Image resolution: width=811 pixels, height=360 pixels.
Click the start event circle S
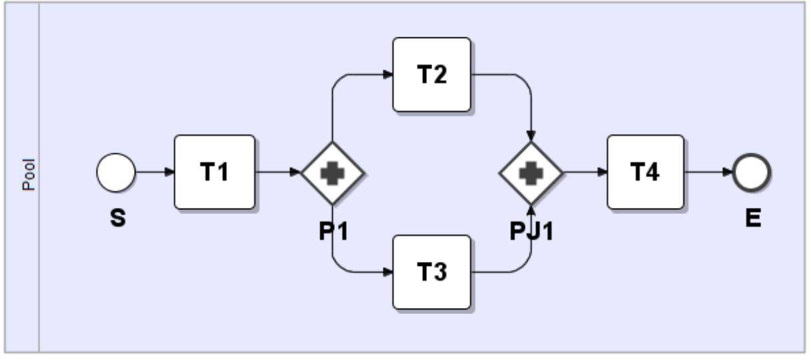[116, 173]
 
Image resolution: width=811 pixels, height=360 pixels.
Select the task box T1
[215, 173]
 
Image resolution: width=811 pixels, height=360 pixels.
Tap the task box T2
[432, 75]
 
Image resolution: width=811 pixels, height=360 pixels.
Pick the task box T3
[432, 272]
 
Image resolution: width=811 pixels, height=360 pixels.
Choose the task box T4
[646, 173]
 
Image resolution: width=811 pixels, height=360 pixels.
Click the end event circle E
[752, 173]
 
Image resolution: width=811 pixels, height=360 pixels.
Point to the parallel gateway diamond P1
[332, 173]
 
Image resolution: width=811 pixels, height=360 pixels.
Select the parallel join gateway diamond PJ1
[531, 173]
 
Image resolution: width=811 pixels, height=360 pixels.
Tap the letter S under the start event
[117, 218]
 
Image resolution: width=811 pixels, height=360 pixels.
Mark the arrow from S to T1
[155, 173]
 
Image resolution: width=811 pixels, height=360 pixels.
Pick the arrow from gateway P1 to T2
[353, 75]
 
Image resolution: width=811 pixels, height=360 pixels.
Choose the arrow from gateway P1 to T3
[353, 272]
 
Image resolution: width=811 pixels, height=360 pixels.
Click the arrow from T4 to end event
[708, 173]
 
